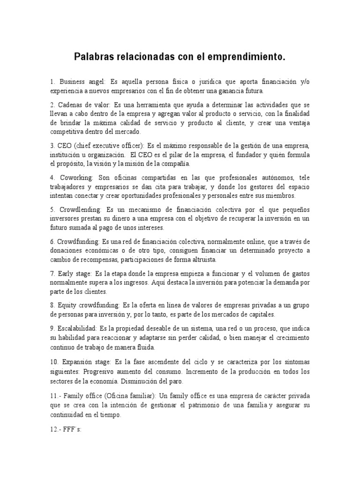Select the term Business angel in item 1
pyautogui.click(x=80, y=82)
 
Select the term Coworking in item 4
pyautogui.click(x=77, y=178)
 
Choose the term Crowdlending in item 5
pyautogui.click(x=80, y=210)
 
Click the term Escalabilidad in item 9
pyautogui.click(x=76, y=328)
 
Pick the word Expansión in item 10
pyautogui.click(x=77, y=363)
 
